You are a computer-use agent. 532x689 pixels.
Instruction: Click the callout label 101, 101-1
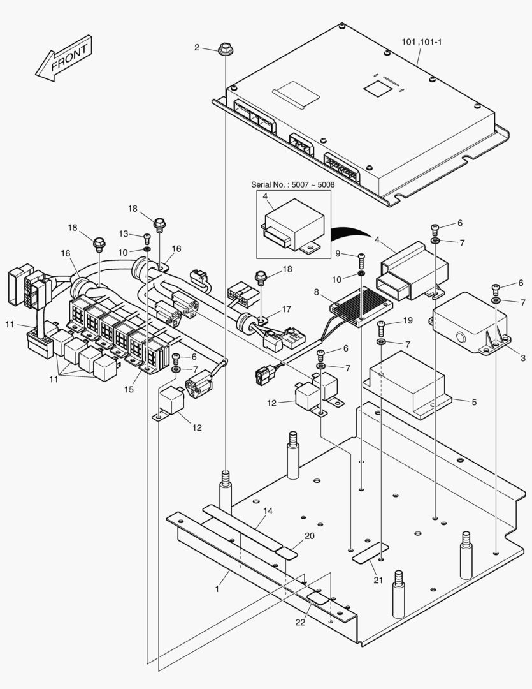coord(421,42)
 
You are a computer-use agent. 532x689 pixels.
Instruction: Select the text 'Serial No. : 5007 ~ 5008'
coord(292,185)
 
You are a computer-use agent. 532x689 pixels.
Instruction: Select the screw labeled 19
coord(381,328)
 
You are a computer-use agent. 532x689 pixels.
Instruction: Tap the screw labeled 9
coord(362,259)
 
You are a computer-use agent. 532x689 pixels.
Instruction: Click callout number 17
coord(286,309)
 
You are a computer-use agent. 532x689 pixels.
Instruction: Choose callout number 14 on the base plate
coord(267,510)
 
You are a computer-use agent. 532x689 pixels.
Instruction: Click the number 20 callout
coord(309,536)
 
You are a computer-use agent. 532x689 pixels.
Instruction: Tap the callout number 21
coord(378,579)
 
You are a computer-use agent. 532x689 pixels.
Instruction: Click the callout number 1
coord(217,589)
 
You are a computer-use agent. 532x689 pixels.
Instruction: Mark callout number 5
coord(473,402)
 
